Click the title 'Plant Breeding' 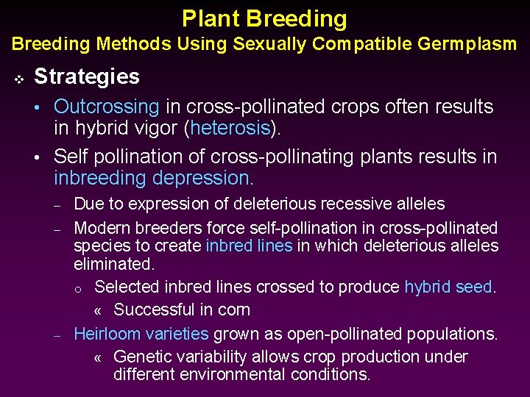coord(264,18)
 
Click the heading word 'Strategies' coord(87,76)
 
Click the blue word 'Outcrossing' coord(107,107)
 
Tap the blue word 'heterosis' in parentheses coord(230,128)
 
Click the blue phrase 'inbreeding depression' coord(152,178)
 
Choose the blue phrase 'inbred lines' coord(249,246)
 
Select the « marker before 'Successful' coord(99,310)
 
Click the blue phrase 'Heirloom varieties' coord(141,334)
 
